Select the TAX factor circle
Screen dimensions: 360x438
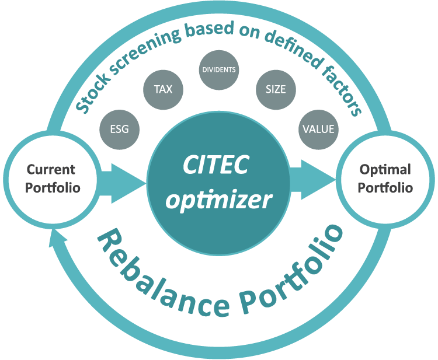163,90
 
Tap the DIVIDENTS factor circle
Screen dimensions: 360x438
219,70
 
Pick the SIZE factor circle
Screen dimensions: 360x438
276,90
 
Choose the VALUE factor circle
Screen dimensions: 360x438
318,128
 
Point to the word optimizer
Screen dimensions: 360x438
219,200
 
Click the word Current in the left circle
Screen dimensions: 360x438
51,170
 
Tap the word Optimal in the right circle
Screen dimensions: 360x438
385,170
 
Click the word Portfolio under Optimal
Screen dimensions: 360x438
385,188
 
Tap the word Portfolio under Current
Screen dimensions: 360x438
51,188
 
